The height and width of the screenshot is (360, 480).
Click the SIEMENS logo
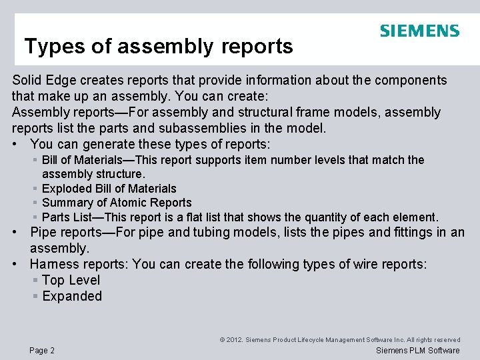point(419,31)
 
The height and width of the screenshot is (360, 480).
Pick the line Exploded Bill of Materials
point(109,189)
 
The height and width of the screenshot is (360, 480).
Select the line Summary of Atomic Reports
point(117,203)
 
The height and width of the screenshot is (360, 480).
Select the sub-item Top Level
point(71,280)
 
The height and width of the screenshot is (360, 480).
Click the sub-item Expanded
point(72,296)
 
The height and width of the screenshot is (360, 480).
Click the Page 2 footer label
point(42,351)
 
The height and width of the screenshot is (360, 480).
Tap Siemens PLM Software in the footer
point(418,351)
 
